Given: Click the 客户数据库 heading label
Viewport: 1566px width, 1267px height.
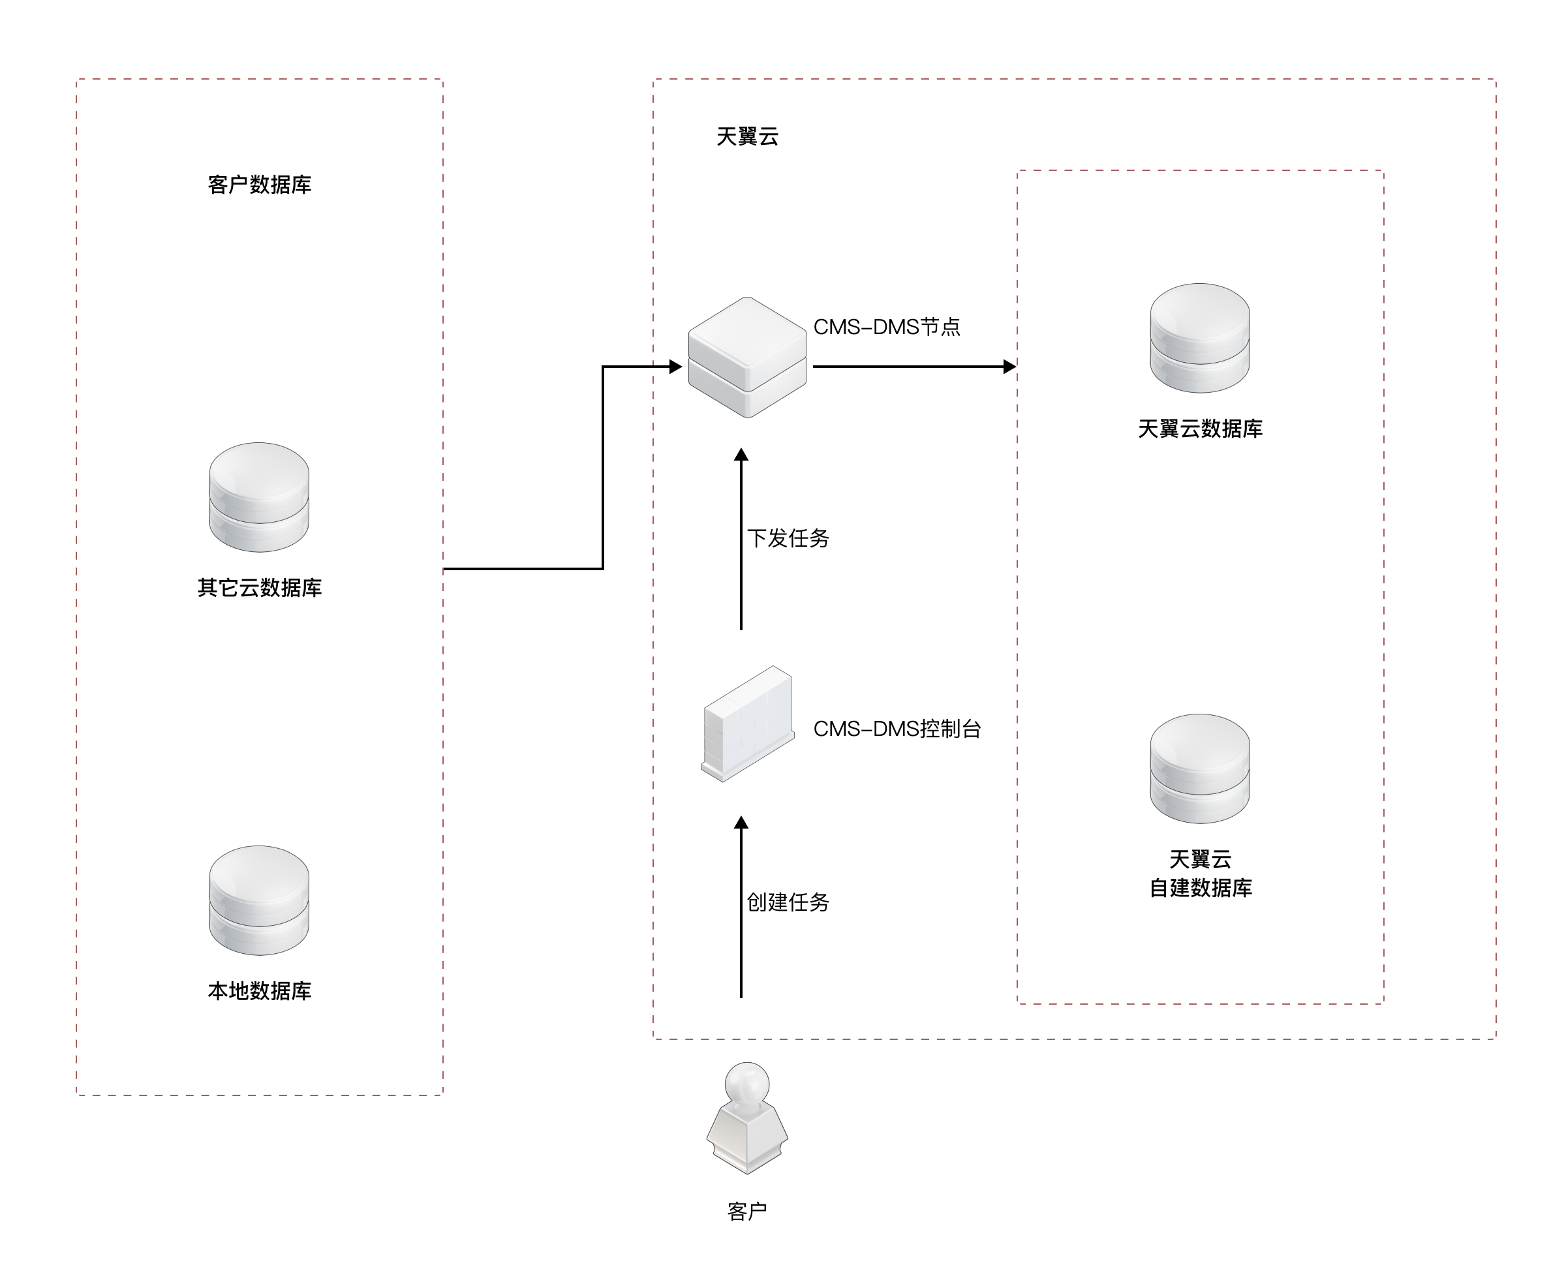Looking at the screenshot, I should [x=259, y=185].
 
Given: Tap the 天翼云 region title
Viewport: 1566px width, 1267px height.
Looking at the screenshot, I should [x=747, y=136].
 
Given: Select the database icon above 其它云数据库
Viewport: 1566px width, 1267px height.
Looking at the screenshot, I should [x=259, y=497].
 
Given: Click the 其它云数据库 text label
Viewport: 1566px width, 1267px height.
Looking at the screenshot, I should [x=259, y=588].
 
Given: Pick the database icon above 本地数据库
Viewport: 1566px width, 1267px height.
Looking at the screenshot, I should [x=259, y=900].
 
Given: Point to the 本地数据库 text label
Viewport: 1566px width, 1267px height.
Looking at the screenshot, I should [x=259, y=990].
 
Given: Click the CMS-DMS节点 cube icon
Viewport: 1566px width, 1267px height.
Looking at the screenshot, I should [x=747, y=357].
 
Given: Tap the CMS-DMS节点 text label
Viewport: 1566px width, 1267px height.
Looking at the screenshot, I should [x=887, y=327].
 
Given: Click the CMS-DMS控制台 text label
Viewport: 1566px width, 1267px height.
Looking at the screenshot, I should [x=897, y=728].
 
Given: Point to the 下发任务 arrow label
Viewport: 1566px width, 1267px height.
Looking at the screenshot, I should [x=788, y=538].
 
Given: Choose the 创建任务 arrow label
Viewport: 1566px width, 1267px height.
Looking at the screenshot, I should [x=788, y=902].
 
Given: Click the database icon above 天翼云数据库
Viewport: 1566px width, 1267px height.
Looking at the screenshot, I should [x=1200, y=338].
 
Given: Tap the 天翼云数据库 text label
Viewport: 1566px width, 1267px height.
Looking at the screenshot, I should [x=1200, y=429].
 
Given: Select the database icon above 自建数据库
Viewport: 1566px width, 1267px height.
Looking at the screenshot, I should [x=1200, y=769].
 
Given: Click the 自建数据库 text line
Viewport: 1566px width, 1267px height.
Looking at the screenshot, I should [x=1200, y=887].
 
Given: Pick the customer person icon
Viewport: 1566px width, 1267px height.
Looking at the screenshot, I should [x=747, y=1118].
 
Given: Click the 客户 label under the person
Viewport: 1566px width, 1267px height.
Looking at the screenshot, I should [x=747, y=1212].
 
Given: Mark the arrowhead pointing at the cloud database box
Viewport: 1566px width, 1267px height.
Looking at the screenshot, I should [x=1010, y=367].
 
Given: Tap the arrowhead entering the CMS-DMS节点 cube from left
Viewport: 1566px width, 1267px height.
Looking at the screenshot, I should [x=676, y=367].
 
